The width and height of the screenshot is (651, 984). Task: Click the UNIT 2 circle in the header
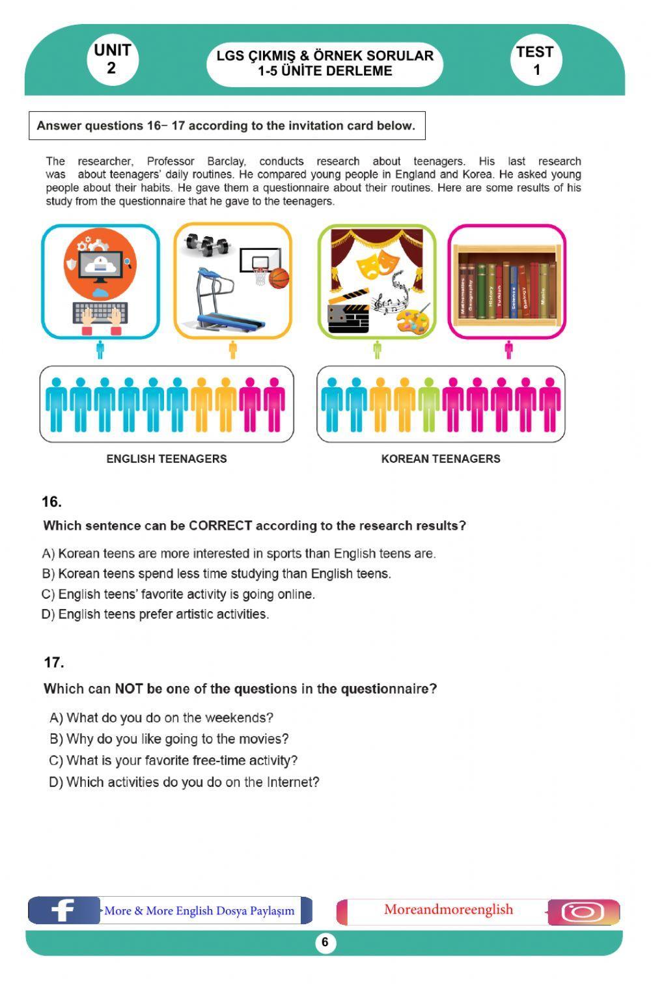click(112, 60)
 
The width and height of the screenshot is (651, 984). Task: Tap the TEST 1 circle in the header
click(535, 61)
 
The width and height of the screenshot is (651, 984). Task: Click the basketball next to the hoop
click(279, 278)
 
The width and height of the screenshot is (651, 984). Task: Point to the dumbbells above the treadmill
click(207, 245)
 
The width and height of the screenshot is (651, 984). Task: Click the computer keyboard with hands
click(100, 318)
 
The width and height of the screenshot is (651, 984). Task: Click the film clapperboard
click(348, 314)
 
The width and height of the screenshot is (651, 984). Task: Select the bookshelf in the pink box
click(507, 285)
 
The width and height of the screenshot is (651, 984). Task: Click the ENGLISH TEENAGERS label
click(167, 459)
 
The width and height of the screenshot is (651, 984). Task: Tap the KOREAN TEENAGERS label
click(441, 459)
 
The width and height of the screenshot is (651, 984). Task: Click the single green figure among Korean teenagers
click(429, 404)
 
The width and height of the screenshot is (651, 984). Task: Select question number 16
click(51, 502)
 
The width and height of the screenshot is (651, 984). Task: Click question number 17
click(54, 663)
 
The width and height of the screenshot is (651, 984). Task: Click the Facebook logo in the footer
click(63, 910)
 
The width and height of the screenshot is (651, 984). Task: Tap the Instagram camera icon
click(582, 912)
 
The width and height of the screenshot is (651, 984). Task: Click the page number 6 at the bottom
click(325, 942)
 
